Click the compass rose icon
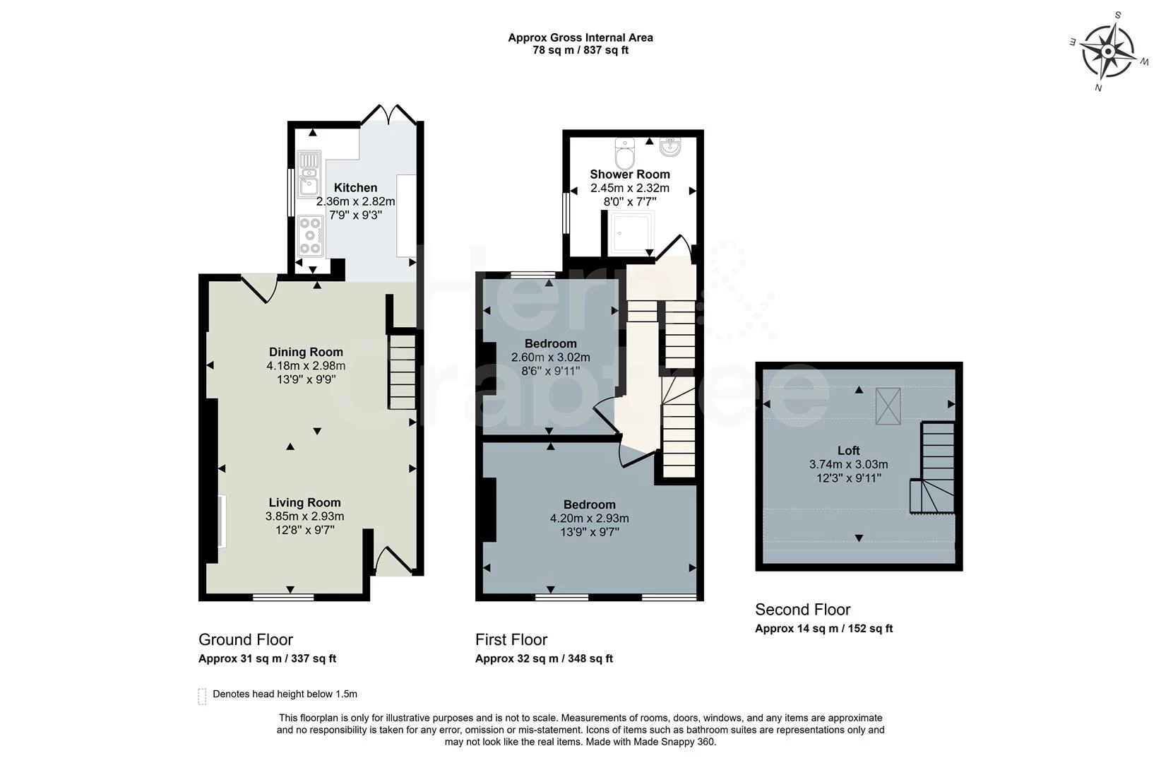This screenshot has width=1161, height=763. (1108, 52)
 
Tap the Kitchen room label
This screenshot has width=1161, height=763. (355, 188)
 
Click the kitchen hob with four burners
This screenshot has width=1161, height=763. (309, 235)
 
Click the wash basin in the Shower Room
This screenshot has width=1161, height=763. (669, 147)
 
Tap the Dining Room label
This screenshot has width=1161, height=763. (306, 352)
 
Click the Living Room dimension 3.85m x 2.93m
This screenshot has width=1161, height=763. (305, 516)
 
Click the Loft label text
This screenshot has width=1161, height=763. (848, 451)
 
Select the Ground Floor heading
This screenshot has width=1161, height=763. (246, 640)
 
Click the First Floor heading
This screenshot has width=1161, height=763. (511, 640)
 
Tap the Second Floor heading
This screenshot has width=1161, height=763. (802, 610)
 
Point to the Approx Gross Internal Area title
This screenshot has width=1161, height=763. (580, 37)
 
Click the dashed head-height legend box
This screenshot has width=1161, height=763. (203, 696)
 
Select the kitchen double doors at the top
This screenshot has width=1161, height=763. (388, 115)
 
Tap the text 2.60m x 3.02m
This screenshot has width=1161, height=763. (551, 357)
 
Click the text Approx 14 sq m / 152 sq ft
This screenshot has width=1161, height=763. (823, 629)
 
